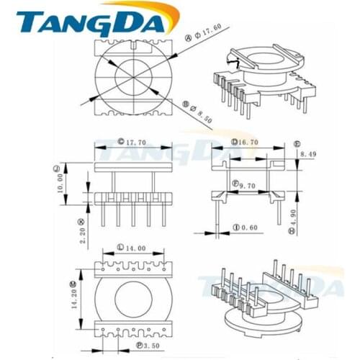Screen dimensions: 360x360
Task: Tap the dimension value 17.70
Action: (x=136, y=143)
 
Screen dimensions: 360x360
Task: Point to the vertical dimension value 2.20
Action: (x=82, y=232)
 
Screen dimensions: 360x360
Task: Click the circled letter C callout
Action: (x=120, y=143)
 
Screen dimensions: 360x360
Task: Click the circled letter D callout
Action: (x=235, y=143)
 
